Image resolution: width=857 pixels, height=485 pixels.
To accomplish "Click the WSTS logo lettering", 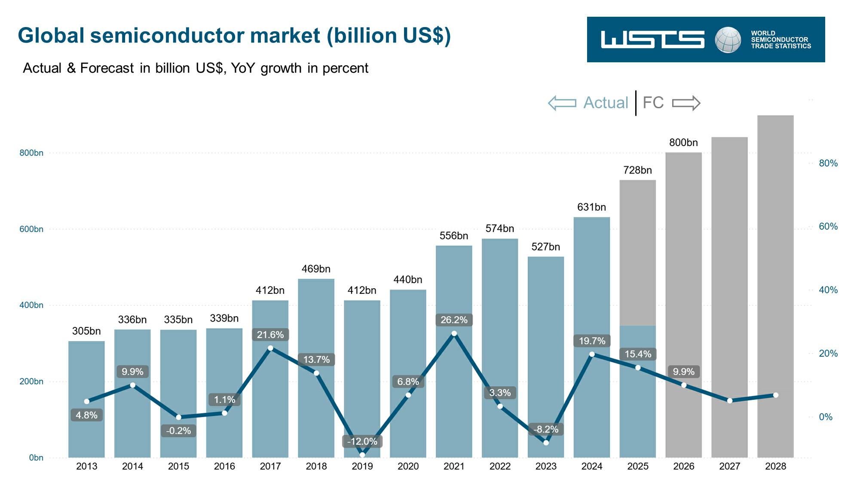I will [x=652, y=40].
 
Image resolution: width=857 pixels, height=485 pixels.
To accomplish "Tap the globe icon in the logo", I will [x=728, y=40].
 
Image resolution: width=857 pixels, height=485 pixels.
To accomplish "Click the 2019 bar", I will [x=362, y=378].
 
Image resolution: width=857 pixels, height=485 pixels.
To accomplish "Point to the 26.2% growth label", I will [x=454, y=320].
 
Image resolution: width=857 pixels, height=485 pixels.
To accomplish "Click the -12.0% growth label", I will [x=362, y=441].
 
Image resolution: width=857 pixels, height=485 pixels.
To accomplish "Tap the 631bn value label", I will [x=591, y=207].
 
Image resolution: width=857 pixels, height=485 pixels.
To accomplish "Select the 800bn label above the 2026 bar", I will [x=683, y=143].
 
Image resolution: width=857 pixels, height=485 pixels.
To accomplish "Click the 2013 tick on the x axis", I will [x=86, y=467].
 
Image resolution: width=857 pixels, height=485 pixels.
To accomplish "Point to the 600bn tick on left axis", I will [x=31, y=229].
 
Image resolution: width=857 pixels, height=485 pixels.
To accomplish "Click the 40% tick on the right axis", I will [x=828, y=290].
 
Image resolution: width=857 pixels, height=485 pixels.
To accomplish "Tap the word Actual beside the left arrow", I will [x=606, y=103].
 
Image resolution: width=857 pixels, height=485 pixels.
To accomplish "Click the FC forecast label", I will [x=653, y=103].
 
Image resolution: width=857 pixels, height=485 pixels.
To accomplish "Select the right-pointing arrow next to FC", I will [x=686, y=103].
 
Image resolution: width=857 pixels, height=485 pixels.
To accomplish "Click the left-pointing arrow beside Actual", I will [x=562, y=103].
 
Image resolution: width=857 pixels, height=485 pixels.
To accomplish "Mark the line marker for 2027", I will [x=730, y=401].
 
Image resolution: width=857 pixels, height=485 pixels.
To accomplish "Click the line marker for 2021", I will [x=454, y=333].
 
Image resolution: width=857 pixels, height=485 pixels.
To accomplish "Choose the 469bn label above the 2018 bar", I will [x=316, y=269].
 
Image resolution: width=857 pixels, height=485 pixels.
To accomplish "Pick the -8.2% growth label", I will [x=546, y=429].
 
